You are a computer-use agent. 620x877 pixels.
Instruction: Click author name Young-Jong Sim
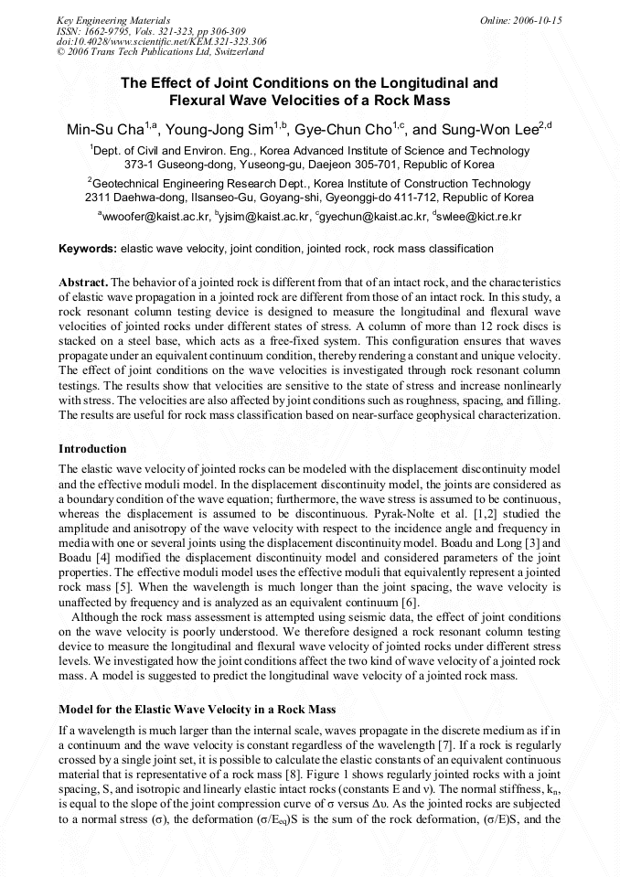tap(219, 130)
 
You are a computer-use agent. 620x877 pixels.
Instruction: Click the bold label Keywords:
tap(88, 249)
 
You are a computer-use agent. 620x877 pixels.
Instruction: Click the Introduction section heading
tap(92, 449)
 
